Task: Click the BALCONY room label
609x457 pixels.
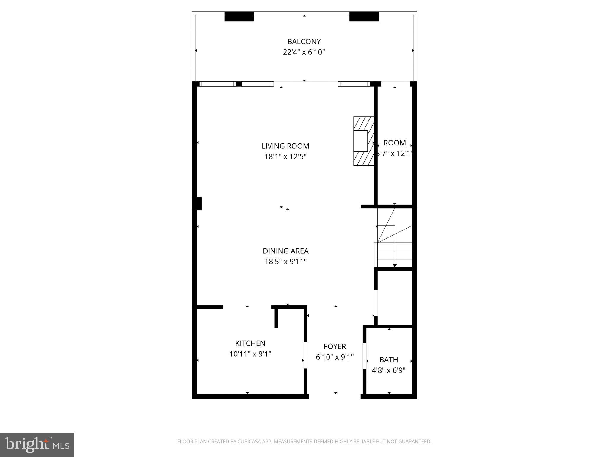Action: click(x=304, y=42)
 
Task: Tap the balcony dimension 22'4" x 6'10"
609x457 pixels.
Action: click(x=304, y=52)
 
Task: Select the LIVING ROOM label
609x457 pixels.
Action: click(x=285, y=146)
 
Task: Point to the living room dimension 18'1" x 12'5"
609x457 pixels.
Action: click(x=285, y=156)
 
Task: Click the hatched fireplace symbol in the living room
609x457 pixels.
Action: click(x=363, y=141)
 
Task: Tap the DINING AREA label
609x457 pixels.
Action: click(x=285, y=251)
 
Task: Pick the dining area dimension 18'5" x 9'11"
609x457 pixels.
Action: click(x=285, y=262)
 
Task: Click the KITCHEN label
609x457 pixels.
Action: click(x=250, y=343)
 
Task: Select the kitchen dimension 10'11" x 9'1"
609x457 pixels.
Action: click(x=250, y=354)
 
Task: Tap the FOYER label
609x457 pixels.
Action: click(x=335, y=346)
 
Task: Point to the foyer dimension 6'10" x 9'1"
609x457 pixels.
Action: click(x=335, y=357)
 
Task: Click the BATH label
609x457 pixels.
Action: click(x=389, y=360)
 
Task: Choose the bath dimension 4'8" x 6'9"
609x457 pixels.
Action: click(x=389, y=370)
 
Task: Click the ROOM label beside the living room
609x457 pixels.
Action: click(x=395, y=143)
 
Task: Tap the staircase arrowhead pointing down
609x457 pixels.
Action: click(x=395, y=265)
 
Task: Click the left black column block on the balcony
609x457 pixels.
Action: click(x=239, y=17)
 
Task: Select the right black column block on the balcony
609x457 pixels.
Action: click(x=364, y=17)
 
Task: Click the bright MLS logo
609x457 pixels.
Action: click(x=37, y=445)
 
